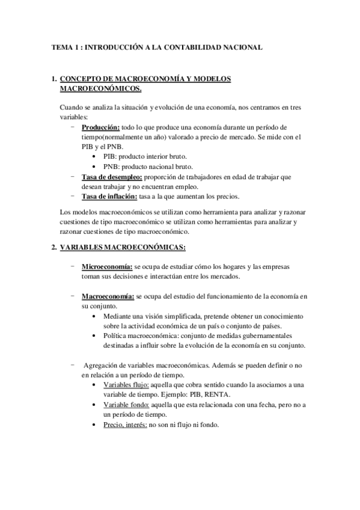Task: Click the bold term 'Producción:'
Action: (x=101, y=128)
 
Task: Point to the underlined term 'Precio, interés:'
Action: (x=125, y=425)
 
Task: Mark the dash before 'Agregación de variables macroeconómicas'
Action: (x=72, y=364)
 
